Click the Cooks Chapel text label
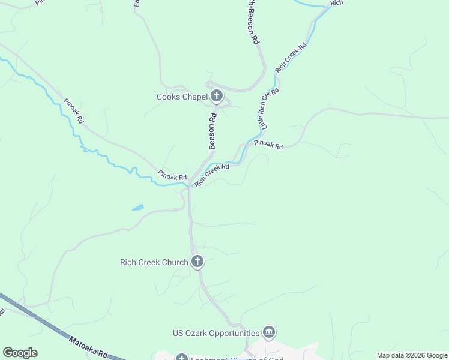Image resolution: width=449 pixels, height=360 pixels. pyautogui.click(x=182, y=97)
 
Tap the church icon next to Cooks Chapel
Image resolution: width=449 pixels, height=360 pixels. pyautogui.click(x=216, y=96)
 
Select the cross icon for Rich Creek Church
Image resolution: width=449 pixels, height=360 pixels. pyautogui.click(x=197, y=262)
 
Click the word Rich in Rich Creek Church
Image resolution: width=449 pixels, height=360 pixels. pyautogui.click(x=129, y=262)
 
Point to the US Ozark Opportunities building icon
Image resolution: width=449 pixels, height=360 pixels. pyautogui.click(x=268, y=332)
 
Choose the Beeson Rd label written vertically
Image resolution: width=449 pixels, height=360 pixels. pyautogui.click(x=212, y=132)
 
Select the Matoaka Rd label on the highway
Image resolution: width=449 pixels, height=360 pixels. pyautogui.click(x=87, y=347)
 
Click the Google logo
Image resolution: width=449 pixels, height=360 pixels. pyautogui.click(x=20, y=352)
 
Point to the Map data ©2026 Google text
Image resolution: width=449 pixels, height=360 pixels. pyautogui.click(x=412, y=355)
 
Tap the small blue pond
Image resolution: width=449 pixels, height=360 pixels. pyautogui.click(x=137, y=208)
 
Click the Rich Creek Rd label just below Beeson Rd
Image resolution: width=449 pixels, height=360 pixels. pyautogui.click(x=212, y=175)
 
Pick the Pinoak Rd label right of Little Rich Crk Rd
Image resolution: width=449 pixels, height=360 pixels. pyautogui.click(x=268, y=144)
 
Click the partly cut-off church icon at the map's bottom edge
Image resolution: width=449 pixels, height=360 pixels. pyautogui.click(x=181, y=358)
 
